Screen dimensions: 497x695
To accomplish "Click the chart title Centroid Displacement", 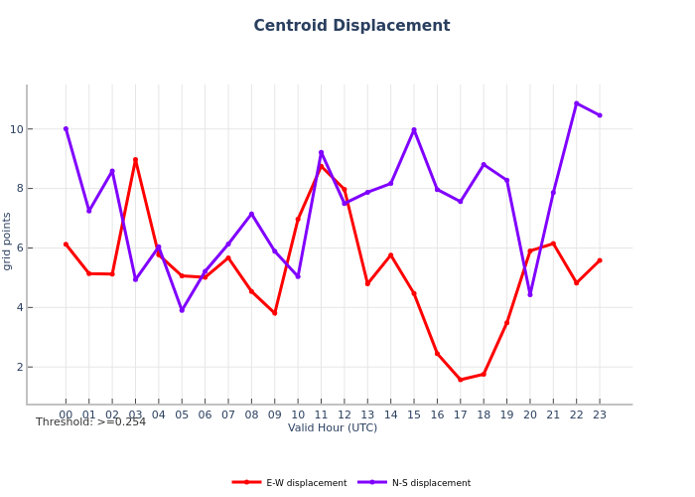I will pyautogui.click(x=351, y=26).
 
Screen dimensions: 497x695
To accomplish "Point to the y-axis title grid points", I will pyautogui.click(x=8, y=241).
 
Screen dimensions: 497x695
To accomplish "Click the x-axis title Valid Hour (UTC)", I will pyautogui.click(x=333, y=428).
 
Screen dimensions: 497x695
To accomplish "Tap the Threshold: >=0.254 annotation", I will pyautogui.click(x=90, y=422).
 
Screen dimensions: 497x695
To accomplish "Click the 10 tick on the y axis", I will pyautogui.click(x=17, y=129).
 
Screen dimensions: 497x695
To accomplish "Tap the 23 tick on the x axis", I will pyautogui.click(x=599, y=414).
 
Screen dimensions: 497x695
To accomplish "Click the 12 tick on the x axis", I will pyautogui.click(x=345, y=414).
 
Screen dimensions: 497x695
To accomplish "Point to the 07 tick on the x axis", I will pyautogui.click(x=228, y=414).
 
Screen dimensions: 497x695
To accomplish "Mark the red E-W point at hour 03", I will pyautogui.click(x=135, y=160).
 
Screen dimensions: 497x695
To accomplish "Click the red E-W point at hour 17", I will pyautogui.click(x=460, y=380).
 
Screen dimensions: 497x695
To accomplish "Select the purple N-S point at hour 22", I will pyautogui.click(x=576, y=103).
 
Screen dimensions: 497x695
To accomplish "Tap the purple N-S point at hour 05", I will pyautogui.click(x=182, y=310).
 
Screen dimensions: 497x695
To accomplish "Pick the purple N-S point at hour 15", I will pyautogui.click(x=414, y=130).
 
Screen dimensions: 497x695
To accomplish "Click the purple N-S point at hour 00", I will pyautogui.click(x=66, y=128).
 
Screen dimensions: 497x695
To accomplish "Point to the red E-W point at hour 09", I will pyautogui.click(x=275, y=313).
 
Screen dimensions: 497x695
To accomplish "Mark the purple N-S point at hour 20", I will pyautogui.click(x=529, y=294).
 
